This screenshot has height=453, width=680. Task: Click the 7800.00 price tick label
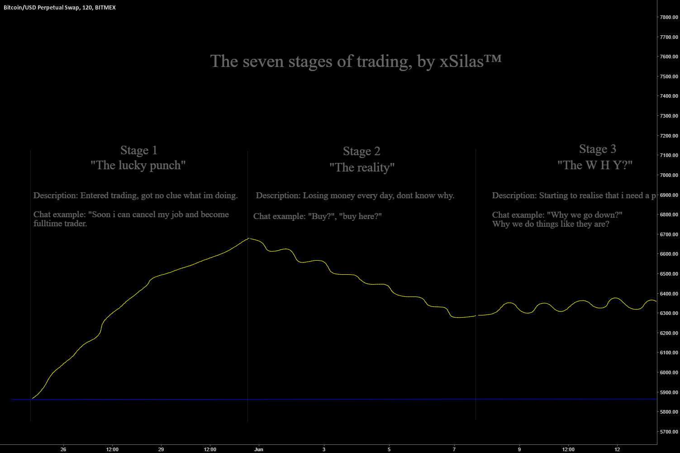point(669,17)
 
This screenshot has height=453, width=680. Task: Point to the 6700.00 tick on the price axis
point(669,234)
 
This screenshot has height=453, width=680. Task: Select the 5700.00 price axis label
point(669,432)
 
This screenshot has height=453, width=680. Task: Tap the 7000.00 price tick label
point(669,175)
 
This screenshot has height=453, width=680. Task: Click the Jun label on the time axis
point(259,449)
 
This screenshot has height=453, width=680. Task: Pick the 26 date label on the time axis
point(63,449)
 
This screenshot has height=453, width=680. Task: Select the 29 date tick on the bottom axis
point(161,449)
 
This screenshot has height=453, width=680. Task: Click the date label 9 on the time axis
point(519,449)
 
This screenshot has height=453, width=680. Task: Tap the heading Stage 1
point(138,150)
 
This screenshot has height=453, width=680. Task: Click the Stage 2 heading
point(361,151)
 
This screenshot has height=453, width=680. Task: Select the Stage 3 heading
point(597,149)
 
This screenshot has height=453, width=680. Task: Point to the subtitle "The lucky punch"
point(138,165)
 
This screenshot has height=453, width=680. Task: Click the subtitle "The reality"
point(362,167)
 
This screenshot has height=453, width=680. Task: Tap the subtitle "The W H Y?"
point(594,165)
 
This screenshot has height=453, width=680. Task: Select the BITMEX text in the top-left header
point(105,7)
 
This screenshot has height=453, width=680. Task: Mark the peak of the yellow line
point(248,238)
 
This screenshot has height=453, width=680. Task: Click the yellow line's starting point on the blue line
point(31,399)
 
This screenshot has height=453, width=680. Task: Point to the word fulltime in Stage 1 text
point(47,224)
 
